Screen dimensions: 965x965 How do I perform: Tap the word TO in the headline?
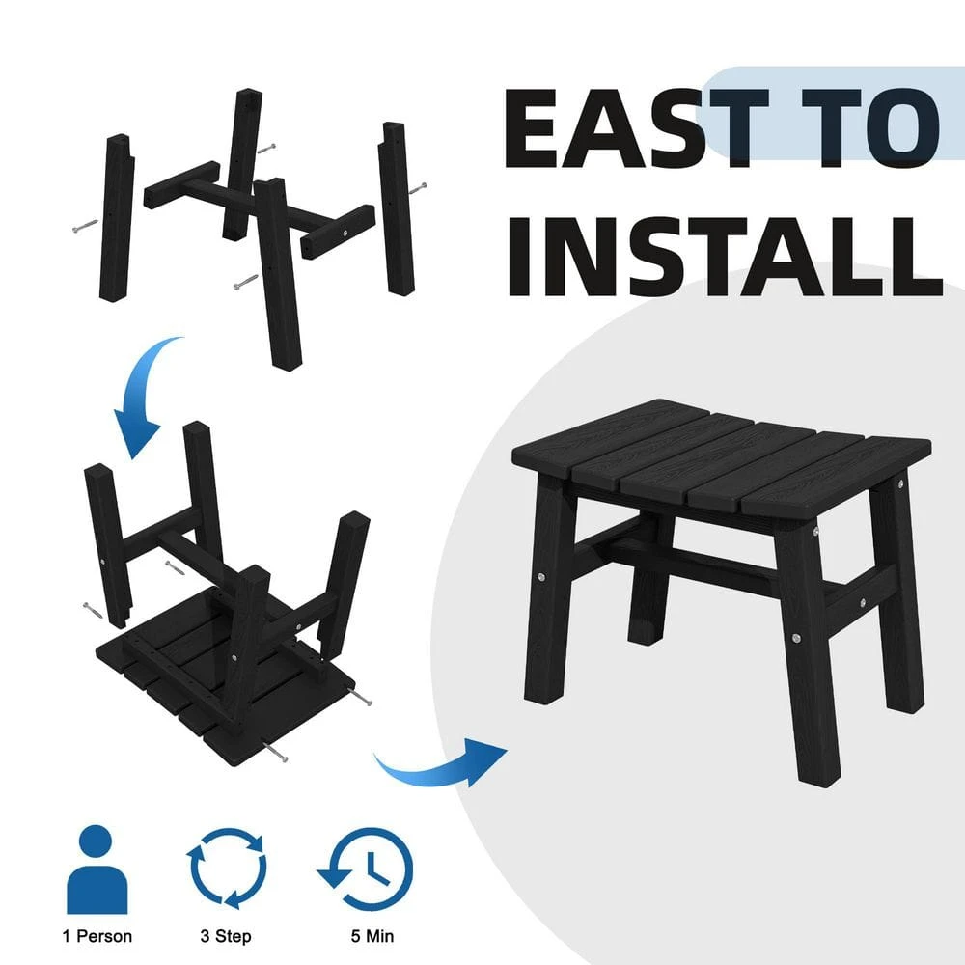point(870,128)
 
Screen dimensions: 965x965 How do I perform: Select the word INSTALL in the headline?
point(724,257)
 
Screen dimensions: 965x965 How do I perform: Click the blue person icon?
point(97,869)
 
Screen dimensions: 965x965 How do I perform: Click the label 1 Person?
point(97,936)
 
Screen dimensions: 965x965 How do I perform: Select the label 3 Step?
point(226,936)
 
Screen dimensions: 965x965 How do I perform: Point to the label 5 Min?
point(372,936)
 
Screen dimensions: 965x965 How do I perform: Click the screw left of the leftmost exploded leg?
point(85,226)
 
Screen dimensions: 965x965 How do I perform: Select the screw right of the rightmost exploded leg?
point(418,188)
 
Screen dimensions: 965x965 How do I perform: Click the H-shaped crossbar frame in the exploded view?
point(259,209)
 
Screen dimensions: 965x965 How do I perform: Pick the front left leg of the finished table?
point(549,591)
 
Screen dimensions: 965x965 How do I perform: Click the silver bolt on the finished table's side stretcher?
point(863,602)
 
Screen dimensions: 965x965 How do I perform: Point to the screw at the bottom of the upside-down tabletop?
point(276,752)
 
